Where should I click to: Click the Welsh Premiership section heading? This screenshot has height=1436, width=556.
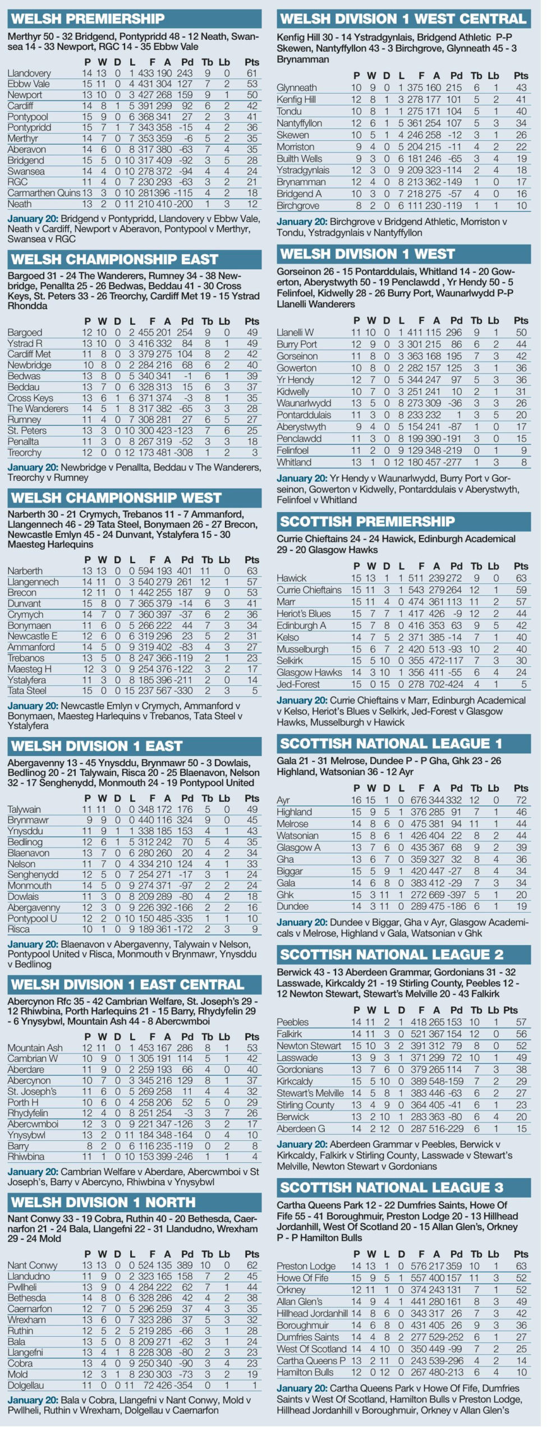click(88, 19)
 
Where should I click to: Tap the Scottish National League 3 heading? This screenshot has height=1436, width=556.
click(391, 1188)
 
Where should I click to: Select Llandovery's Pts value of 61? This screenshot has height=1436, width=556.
click(252, 73)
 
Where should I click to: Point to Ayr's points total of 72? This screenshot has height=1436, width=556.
click(521, 800)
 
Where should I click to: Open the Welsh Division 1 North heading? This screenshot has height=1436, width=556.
click(103, 1202)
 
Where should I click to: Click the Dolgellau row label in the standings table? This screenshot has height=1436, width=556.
click(26, 1385)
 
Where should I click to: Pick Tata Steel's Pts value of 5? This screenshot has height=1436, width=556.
click(254, 691)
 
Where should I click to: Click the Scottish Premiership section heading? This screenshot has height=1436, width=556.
click(367, 521)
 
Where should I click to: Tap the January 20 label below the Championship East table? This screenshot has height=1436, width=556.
click(33, 467)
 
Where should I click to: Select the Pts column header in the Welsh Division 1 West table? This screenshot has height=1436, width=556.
click(521, 320)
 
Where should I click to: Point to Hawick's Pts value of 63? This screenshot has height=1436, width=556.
click(521, 578)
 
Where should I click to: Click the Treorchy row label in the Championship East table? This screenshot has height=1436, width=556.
click(24, 452)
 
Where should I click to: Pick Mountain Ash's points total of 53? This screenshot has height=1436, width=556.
click(252, 1047)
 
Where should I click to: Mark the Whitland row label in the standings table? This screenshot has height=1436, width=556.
click(293, 462)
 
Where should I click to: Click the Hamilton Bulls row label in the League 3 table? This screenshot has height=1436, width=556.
click(305, 1371)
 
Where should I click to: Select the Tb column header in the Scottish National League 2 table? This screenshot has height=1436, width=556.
click(475, 1009)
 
